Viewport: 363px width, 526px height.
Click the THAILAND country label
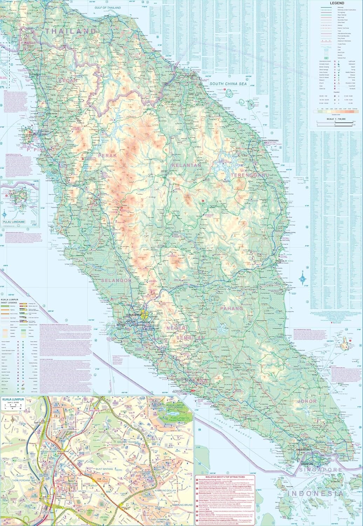[x=70, y=31]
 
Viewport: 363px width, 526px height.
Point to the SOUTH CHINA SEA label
[x=228, y=84]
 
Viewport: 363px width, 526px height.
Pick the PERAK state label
[x=108, y=155]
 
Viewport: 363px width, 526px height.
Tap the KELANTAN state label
[x=186, y=165]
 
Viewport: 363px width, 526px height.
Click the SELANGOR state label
[x=116, y=281]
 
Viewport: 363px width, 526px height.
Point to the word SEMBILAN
[x=191, y=338]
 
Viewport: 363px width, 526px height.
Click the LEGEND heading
[x=337, y=3]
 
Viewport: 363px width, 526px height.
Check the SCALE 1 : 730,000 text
[x=336, y=120]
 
